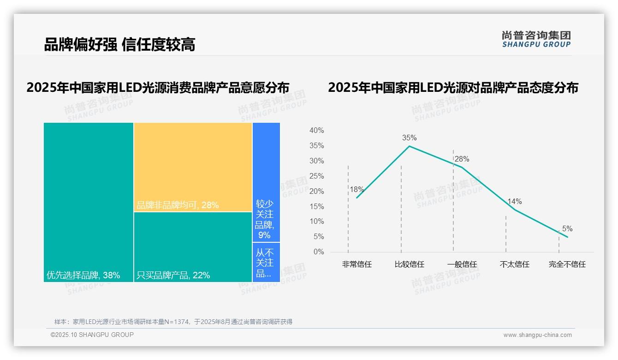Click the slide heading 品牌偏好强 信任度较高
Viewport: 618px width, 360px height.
click(119, 44)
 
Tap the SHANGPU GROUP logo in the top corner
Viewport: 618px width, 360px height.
click(536, 39)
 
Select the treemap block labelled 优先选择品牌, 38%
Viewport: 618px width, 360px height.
click(89, 202)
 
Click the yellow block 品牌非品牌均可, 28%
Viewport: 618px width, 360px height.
click(193, 167)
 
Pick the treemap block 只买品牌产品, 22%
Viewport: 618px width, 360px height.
click(193, 247)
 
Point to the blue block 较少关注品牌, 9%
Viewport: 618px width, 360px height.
click(266, 182)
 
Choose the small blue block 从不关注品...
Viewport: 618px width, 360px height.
click(266, 262)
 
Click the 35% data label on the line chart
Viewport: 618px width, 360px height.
click(409, 138)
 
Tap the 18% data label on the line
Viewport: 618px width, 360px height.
click(357, 189)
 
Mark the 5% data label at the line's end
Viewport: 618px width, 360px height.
click(567, 228)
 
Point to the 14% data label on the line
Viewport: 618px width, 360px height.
click(514, 201)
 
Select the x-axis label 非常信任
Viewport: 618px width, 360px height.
click(357, 264)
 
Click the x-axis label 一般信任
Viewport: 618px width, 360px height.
click(462, 264)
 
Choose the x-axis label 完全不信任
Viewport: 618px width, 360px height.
click(567, 264)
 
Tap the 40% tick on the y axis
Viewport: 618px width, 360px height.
click(316, 131)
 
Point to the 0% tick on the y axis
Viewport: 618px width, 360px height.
click(318, 252)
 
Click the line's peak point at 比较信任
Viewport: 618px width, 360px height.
click(409, 146)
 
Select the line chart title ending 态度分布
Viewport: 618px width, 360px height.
click(453, 88)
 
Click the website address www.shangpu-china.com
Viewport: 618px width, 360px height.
click(537, 335)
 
